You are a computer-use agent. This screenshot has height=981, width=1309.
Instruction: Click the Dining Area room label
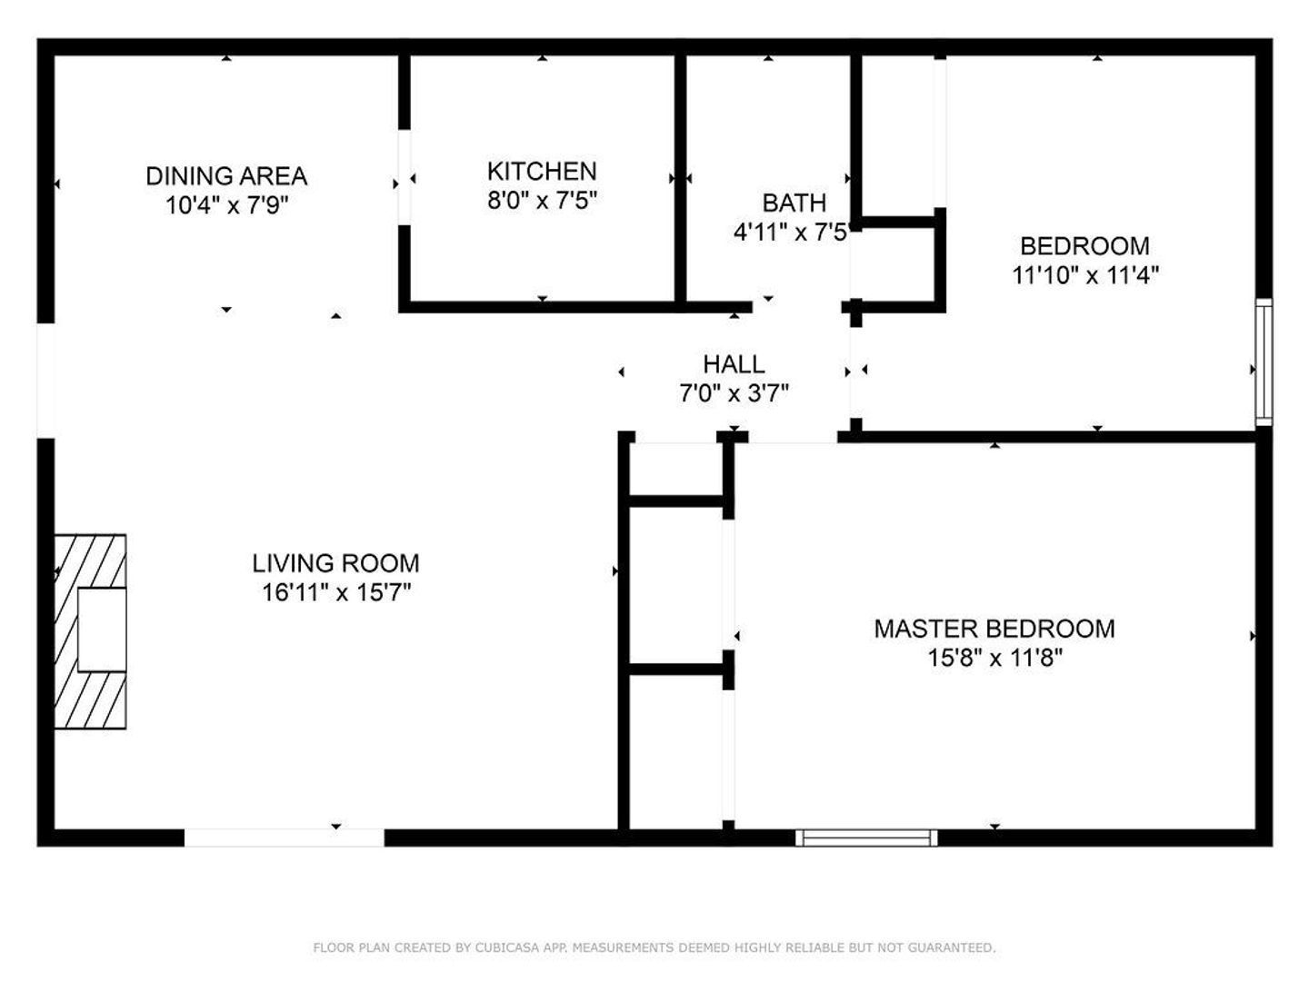[x=226, y=176]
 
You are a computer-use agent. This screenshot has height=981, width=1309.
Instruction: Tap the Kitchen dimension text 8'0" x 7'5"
[x=542, y=201]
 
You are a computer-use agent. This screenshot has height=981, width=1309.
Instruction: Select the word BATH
[x=794, y=203]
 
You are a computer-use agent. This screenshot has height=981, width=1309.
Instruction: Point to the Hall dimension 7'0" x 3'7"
[x=734, y=393]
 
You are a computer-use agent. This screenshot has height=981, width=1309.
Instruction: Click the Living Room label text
[x=335, y=563]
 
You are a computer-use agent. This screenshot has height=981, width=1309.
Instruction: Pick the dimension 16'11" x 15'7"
[x=336, y=593]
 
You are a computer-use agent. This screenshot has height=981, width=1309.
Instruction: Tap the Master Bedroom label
[x=994, y=629]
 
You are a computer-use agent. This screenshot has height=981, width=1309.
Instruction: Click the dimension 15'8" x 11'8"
[x=994, y=658]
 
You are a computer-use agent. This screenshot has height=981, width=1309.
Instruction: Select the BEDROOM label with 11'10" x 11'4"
[x=1084, y=246]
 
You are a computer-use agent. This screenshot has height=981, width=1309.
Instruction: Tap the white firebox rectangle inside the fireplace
[x=101, y=629]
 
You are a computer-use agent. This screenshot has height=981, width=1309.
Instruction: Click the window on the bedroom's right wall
[x=1264, y=362]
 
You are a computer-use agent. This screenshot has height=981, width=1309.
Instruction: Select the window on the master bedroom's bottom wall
[x=866, y=837]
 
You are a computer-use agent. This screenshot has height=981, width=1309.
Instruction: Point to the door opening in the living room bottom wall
[x=285, y=837]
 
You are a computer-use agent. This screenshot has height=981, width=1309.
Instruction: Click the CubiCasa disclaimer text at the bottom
[x=654, y=947]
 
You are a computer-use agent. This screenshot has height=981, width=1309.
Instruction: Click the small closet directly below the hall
[x=675, y=469]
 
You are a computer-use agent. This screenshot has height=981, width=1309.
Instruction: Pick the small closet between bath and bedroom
[x=895, y=263]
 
